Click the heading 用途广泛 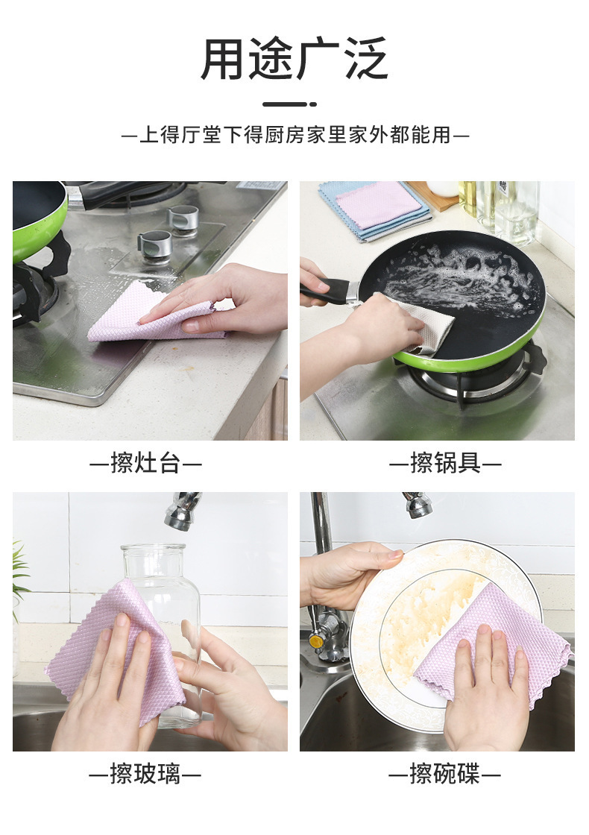coord(294,59)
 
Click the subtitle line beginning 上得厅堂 coord(295,135)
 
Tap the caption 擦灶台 coord(145,463)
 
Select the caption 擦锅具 coord(445,463)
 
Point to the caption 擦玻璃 coord(145,774)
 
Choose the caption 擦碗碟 coord(444,774)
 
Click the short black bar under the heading coord(290,104)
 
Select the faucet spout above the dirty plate coord(417,504)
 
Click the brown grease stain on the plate coord(426,623)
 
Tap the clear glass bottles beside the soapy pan coord(500,208)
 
